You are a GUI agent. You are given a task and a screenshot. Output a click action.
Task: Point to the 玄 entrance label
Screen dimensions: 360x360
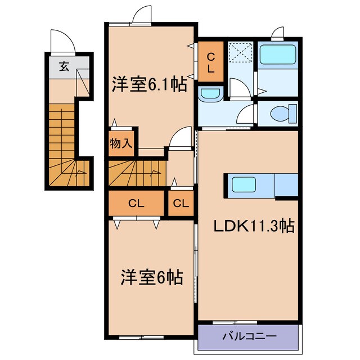[x=64, y=66]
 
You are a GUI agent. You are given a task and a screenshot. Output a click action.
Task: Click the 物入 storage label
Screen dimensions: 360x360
[x=121, y=143]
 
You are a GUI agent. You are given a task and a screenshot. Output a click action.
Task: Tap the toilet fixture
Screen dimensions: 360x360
[x=281, y=113]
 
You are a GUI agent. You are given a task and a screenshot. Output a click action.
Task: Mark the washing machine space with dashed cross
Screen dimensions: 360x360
[x=241, y=55]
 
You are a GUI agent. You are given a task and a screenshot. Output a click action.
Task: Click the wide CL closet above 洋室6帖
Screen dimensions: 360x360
[x=136, y=204]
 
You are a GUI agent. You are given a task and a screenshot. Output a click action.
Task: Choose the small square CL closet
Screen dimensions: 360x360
[x=181, y=204]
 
